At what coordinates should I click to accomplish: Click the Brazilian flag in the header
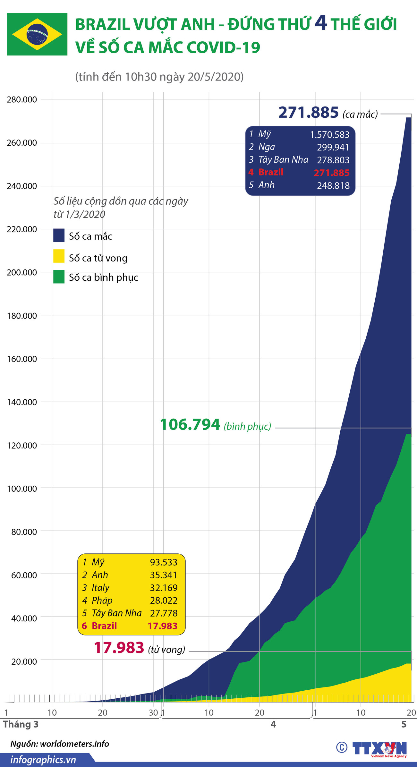click(37, 34)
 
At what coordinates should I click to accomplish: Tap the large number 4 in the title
click(320, 23)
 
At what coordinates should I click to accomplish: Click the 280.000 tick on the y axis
click(22, 100)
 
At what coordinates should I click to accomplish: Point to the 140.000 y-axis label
click(22, 402)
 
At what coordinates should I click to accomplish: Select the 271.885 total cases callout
click(308, 113)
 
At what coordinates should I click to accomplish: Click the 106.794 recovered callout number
click(190, 425)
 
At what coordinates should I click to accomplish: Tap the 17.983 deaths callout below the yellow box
click(119, 648)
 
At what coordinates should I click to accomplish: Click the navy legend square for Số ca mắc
click(59, 235)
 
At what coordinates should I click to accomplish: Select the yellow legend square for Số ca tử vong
click(59, 256)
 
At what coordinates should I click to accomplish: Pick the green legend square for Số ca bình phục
click(59, 277)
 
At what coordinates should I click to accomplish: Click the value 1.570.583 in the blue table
click(329, 135)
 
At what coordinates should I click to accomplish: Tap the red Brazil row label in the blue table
click(271, 172)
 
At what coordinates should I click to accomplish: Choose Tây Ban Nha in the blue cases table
click(283, 159)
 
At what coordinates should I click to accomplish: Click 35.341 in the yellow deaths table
click(164, 575)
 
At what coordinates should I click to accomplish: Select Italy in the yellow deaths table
click(100, 587)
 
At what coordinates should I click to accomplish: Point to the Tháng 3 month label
click(21, 724)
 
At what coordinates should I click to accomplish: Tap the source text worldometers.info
click(74, 744)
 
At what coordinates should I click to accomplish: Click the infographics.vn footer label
click(43, 760)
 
